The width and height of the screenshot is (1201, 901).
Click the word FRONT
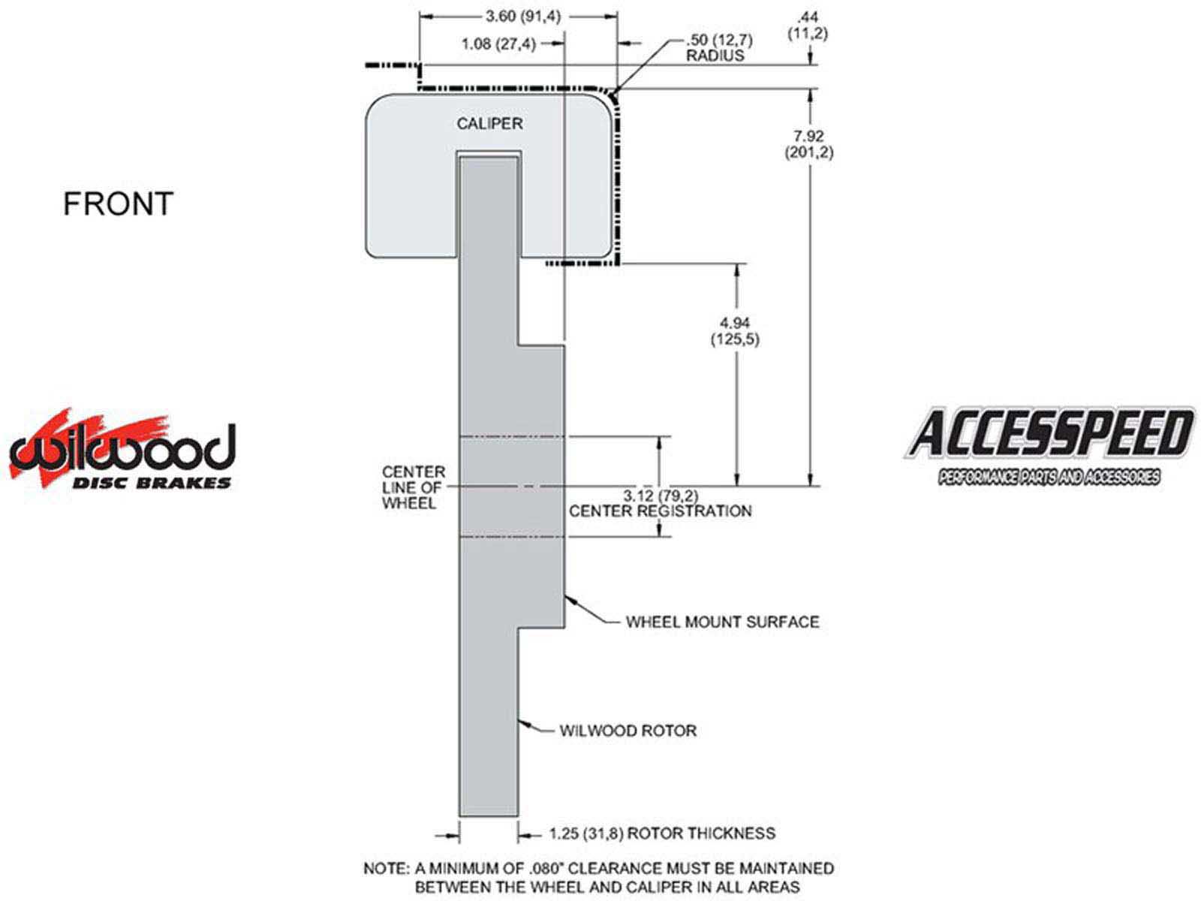pos(118,203)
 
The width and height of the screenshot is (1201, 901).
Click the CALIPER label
pos(489,124)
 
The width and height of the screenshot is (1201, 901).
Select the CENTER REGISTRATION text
pos(661,511)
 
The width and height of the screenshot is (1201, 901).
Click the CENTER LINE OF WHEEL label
pos(414,487)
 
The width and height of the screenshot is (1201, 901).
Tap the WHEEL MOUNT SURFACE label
pos(723,622)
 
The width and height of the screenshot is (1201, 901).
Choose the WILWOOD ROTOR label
pos(628,731)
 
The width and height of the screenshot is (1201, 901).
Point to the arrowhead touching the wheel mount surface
pos(570,598)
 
